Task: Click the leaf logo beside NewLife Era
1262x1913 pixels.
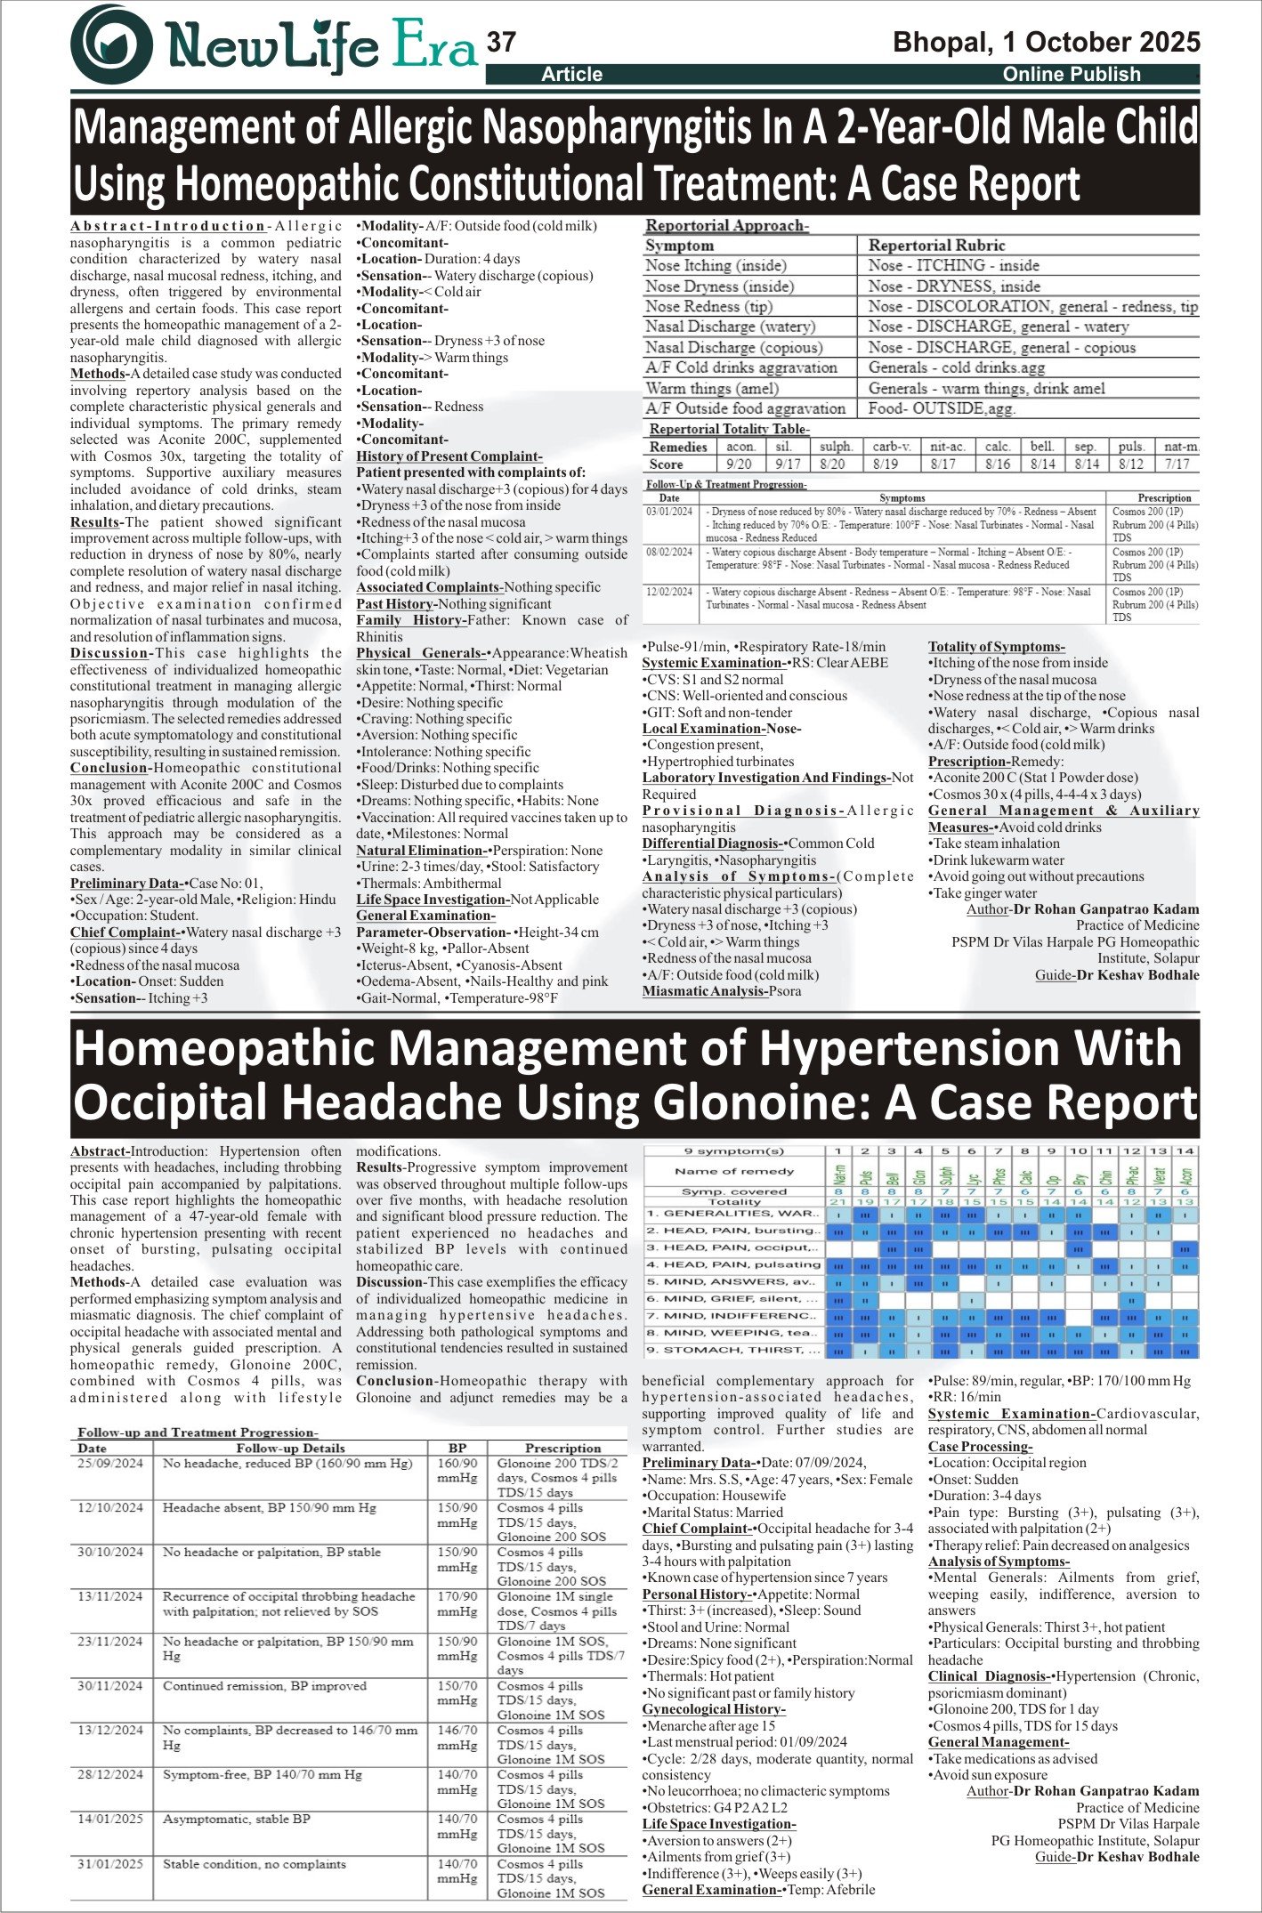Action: click(x=112, y=44)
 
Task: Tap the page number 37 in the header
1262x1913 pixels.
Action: click(x=502, y=42)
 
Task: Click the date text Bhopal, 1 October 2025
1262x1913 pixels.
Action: click(x=1046, y=42)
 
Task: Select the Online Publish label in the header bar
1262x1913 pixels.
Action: click(x=1071, y=75)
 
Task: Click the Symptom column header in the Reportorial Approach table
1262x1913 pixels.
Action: click(x=680, y=246)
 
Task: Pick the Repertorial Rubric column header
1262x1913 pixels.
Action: click(x=936, y=246)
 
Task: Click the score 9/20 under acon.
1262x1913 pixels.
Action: click(x=739, y=464)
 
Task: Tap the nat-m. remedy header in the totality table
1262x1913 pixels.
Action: click(x=1181, y=447)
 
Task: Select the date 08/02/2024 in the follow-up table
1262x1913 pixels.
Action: click(x=669, y=553)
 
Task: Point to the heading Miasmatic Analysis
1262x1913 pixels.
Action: click(x=705, y=991)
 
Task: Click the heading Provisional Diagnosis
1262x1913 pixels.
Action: click(x=743, y=811)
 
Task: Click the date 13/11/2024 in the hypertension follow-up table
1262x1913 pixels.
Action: click(x=109, y=1596)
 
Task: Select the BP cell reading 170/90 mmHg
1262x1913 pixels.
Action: click(x=457, y=1603)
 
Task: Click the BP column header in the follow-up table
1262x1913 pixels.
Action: click(x=457, y=1449)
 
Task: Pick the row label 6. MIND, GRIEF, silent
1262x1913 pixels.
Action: click(x=733, y=1299)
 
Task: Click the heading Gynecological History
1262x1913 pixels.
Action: click(x=714, y=1709)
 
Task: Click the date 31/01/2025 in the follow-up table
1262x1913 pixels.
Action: click(x=109, y=1864)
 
